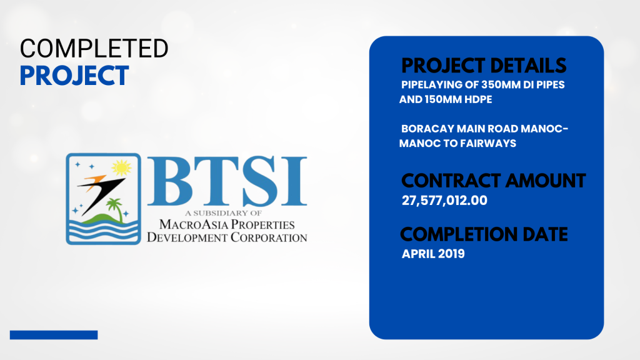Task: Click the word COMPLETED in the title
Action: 94,48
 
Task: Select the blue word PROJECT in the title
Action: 74,76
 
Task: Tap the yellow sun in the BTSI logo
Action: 121,167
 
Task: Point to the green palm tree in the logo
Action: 115,209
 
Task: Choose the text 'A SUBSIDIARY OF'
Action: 223,213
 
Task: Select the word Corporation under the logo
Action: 269,237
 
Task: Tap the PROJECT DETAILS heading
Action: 484,66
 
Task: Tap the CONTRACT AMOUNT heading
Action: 494,181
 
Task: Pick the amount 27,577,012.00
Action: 444,201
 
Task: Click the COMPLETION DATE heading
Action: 484,235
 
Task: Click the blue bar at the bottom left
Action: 54,335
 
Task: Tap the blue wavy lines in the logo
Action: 103,231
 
